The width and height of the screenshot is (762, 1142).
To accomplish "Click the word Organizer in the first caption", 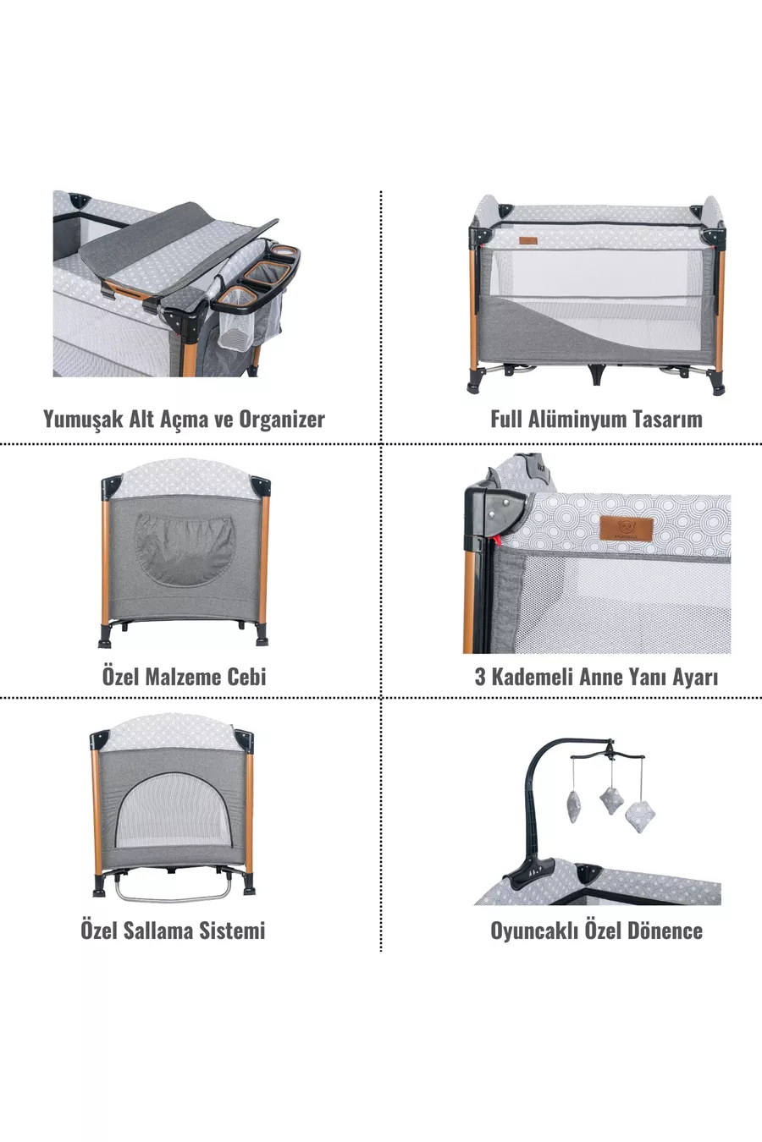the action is (x=282, y=420).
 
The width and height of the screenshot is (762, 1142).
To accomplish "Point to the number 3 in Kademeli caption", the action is (x=480, y=677).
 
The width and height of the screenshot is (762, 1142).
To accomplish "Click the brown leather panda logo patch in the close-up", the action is (x=627, y=529).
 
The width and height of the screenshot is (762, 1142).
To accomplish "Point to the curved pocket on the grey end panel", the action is (x=185, y=548).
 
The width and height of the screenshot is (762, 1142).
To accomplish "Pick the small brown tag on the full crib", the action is (x=528, y=241).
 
